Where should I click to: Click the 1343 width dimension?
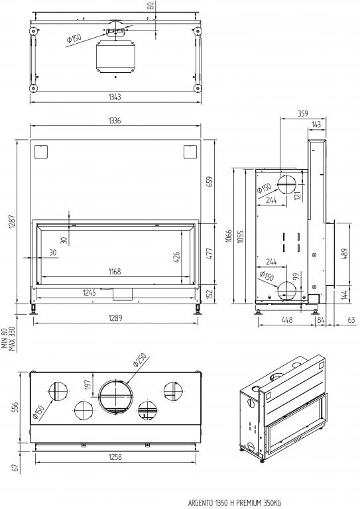point(115,97)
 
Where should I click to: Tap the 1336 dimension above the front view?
point(115,121)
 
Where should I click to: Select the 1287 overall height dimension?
point(13,221)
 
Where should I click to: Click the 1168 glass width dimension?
point(115,271)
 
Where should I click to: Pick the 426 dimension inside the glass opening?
point(176,257)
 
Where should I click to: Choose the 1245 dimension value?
point(90,292)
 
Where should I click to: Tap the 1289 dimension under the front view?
point(115,317)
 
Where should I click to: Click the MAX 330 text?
point(13,339)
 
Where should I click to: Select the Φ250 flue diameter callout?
point(140,360)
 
